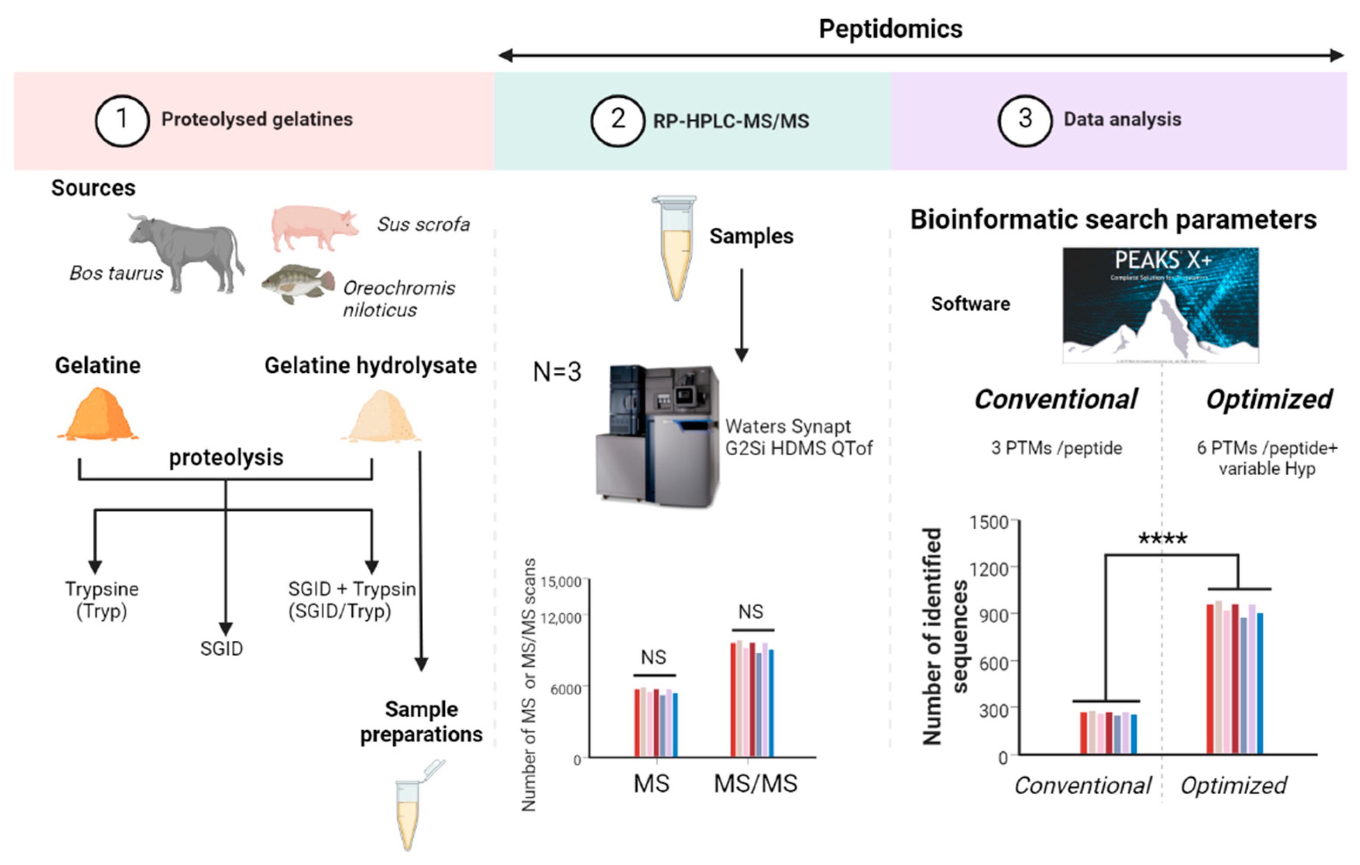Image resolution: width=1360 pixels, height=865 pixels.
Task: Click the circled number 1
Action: point(121,120)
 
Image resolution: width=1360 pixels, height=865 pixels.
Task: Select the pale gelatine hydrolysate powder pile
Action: point(381,417)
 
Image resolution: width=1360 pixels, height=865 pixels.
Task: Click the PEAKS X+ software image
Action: point(1160,305)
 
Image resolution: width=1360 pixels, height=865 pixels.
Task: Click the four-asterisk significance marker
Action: point(1162,539)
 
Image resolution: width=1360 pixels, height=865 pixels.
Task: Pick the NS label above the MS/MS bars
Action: point(751,611)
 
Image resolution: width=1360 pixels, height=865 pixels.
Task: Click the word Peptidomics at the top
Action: point(891,29)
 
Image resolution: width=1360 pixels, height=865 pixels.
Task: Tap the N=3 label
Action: point(557,372)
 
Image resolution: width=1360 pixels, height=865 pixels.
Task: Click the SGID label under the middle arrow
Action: point(221,649)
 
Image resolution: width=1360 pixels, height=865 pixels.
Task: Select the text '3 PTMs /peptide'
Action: point(1057,448)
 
